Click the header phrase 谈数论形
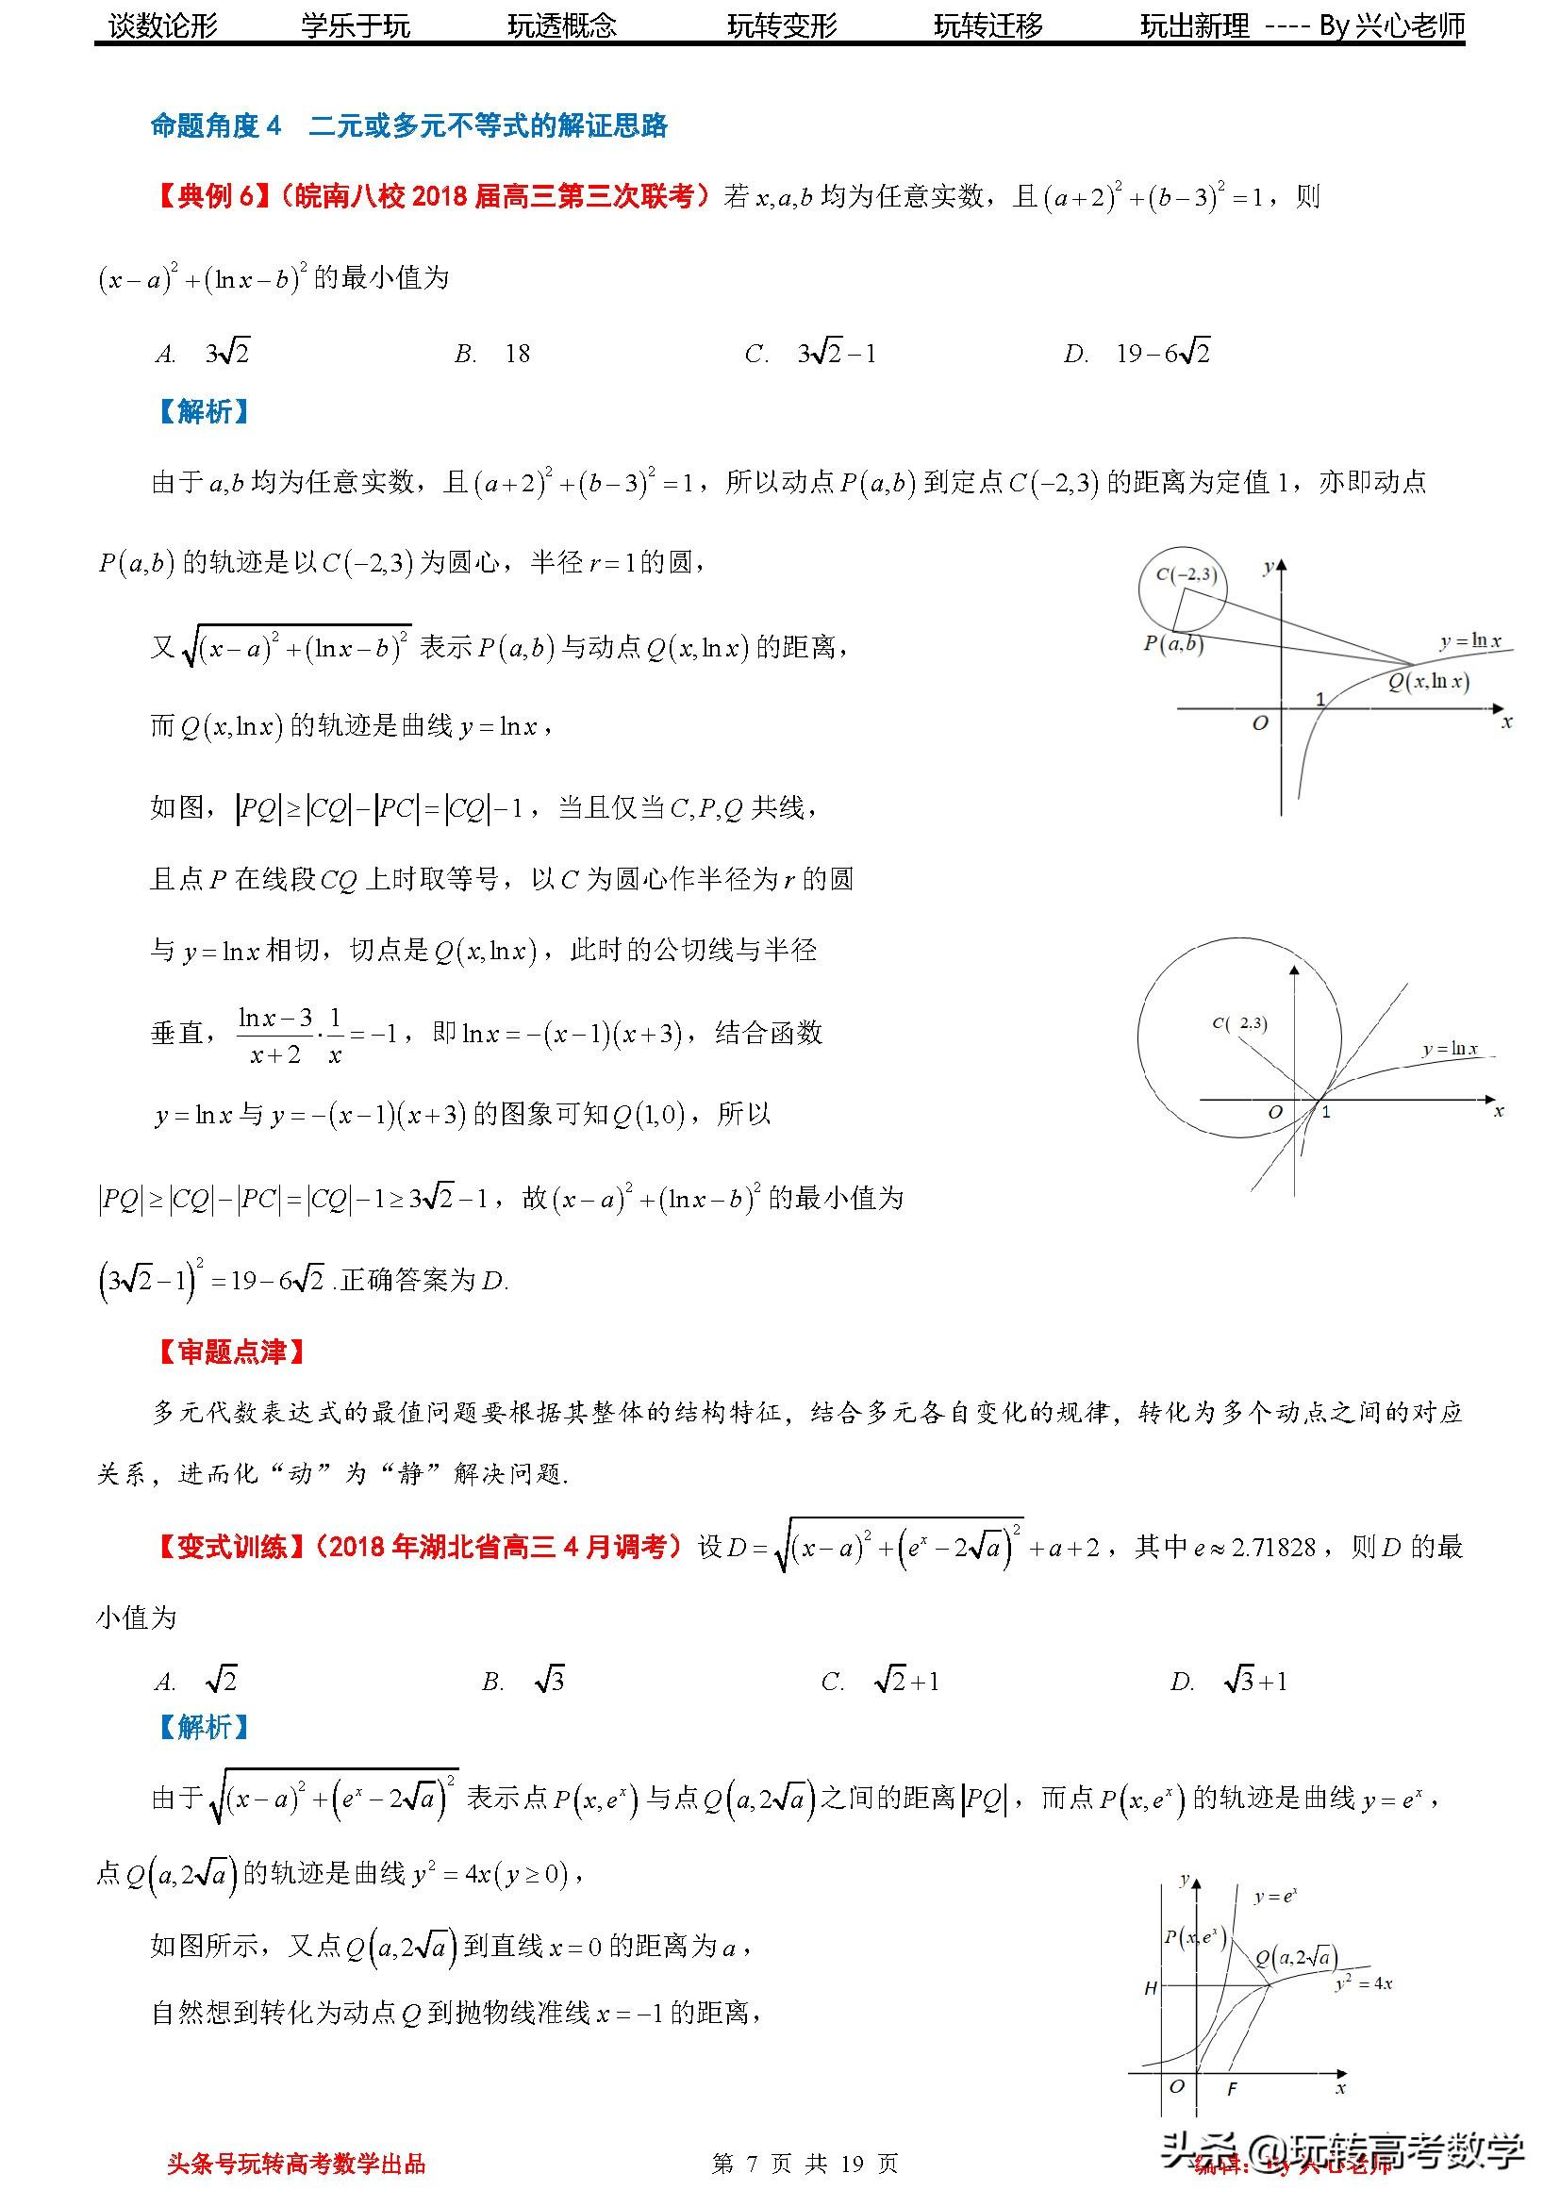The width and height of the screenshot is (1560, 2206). (x=163, y=26)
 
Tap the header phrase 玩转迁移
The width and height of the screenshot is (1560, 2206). (x=987, y=26)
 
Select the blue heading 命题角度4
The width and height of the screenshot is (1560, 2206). (x=216, y=125)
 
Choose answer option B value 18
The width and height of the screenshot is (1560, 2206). (x=518, y=355)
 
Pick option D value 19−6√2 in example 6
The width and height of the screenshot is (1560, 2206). (x=1162, y=355)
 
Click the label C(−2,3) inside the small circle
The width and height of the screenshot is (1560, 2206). (x=1187, y=574)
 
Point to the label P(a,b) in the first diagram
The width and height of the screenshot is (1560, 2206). (x=1172, y=644)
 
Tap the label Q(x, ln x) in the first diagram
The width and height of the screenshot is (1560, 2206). (x=1428, y=681)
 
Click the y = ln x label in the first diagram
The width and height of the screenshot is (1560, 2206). (x=1470, y=640)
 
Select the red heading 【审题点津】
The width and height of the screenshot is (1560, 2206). (x=231, y=1352)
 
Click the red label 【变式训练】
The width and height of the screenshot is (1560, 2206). (x=231, y=1547)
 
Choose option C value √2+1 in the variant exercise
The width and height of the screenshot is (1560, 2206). (x=905, y=1681)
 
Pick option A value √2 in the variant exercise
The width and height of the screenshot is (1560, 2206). (x=221, y=1681)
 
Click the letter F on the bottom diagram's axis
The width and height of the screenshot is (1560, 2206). (x=1232, y=2090)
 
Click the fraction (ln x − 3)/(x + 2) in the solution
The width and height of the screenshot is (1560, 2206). (x=275, y=1035)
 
